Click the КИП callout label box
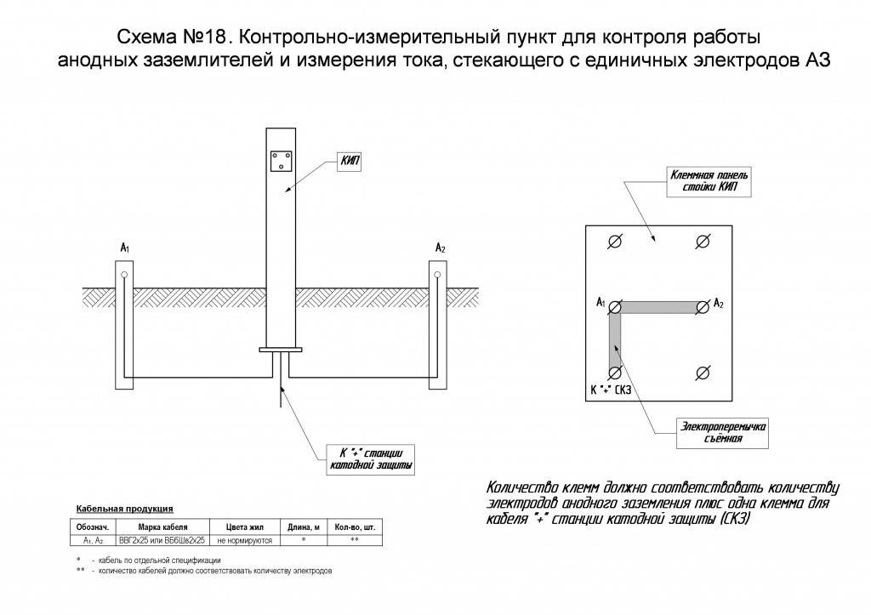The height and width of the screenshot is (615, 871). [350, 162]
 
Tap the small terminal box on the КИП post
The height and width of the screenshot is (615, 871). [281, 162]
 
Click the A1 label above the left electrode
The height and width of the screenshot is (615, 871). [125, 248]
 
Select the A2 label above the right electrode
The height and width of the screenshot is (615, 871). [440, 248]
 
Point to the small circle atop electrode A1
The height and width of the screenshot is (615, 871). [124, 275]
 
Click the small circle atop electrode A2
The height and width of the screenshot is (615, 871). [437, 275]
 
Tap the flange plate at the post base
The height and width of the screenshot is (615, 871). [281, 350]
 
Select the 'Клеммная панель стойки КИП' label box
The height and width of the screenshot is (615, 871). [709, 181]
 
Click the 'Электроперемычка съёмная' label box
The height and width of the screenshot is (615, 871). [723, 433]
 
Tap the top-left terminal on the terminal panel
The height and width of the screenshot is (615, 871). [615, 242]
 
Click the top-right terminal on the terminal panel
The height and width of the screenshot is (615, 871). [703, 242]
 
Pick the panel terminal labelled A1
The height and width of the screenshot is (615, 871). [615, 307]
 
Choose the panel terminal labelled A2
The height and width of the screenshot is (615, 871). [703, 307]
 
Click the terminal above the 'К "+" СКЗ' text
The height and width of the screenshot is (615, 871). [615, 373]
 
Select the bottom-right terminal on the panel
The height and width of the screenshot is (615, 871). [703, 373]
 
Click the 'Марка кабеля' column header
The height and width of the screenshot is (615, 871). [162, 527]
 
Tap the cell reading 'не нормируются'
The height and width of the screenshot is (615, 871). [245, 540]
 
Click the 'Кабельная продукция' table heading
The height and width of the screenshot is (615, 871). [125, 509]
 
